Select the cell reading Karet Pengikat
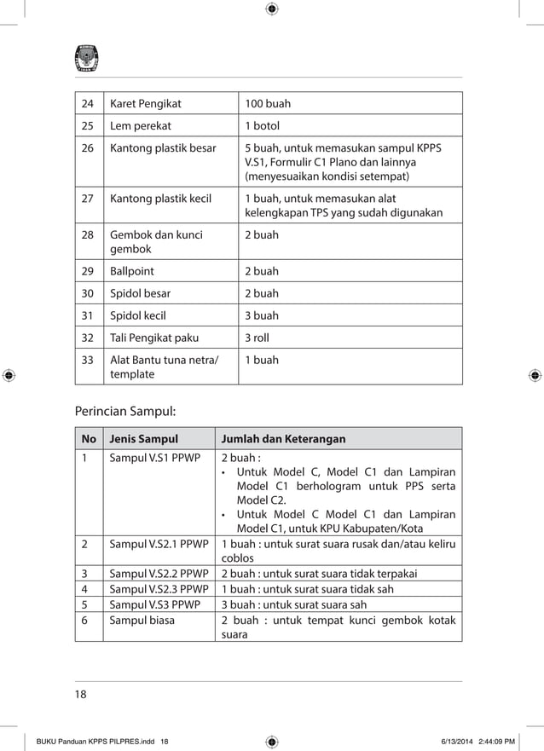tap(145, 104)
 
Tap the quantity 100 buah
tap(268, 104)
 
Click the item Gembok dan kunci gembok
tap(156, 242)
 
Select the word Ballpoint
tap(135, 271)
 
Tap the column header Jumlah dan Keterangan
tap(283, 439)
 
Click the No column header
tap(88, 439)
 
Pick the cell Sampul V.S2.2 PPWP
tap(159, 573)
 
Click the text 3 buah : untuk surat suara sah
tap(293, 604)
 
